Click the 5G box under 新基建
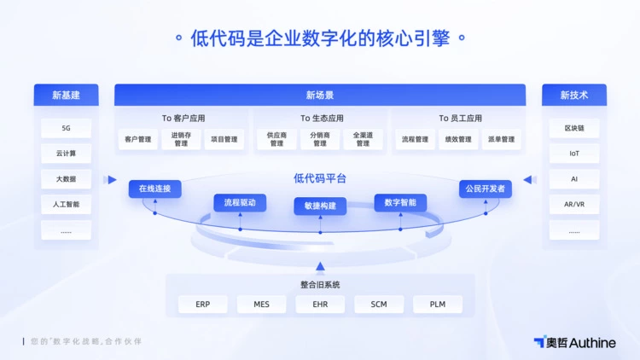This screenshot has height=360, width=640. tap(66, 128)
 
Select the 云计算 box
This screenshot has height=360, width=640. tap(66, 154)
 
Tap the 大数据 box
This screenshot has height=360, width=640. tap(66, 179)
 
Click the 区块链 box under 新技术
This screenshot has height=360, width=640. tap(574, 128)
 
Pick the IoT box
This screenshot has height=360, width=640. tap(574, 154)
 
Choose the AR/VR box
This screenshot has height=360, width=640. tap(574, 205)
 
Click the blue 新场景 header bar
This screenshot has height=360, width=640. tap(320, 95)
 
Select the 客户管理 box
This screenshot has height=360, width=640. tap(137, 139)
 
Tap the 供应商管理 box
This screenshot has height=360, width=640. tap(276, 139)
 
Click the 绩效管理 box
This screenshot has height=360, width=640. tap(457, 139)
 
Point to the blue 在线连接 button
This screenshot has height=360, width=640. tap(154, 189)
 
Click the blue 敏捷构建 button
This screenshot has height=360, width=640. tap(320, 206)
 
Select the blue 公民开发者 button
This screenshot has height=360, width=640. tap(485, 189)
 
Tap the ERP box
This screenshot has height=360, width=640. tap(202, 304)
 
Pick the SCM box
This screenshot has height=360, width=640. tap(379, 304)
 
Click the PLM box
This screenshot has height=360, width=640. tap(438, 304)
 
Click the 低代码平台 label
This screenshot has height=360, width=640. tap(320, 178)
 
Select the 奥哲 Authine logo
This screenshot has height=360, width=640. tap(574, 342)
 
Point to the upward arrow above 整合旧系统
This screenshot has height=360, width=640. tap(320, 266)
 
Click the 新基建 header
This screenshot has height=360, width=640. tap(66, 95)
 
